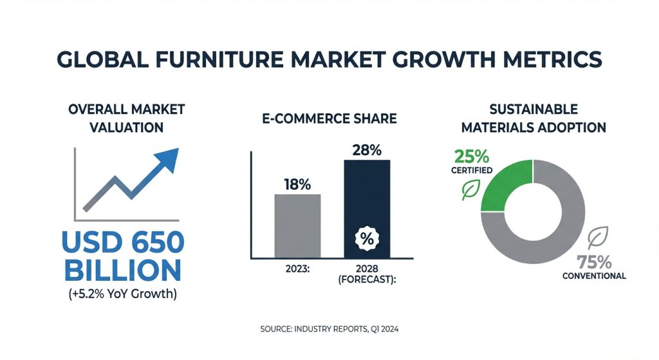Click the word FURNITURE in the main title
219,59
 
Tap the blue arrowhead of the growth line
168,159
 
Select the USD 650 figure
123,242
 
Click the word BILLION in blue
123,270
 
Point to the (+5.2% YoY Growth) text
123,294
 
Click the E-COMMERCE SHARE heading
329,118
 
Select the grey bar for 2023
297,226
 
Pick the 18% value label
297,184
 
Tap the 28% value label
367,149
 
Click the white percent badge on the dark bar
367,238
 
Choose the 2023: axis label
297,269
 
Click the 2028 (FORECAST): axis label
367,274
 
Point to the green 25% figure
472,157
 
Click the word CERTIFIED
472,170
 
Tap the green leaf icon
470,190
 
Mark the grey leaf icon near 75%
598,238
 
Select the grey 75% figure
594,262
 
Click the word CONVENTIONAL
594,276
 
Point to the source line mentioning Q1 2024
329,329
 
